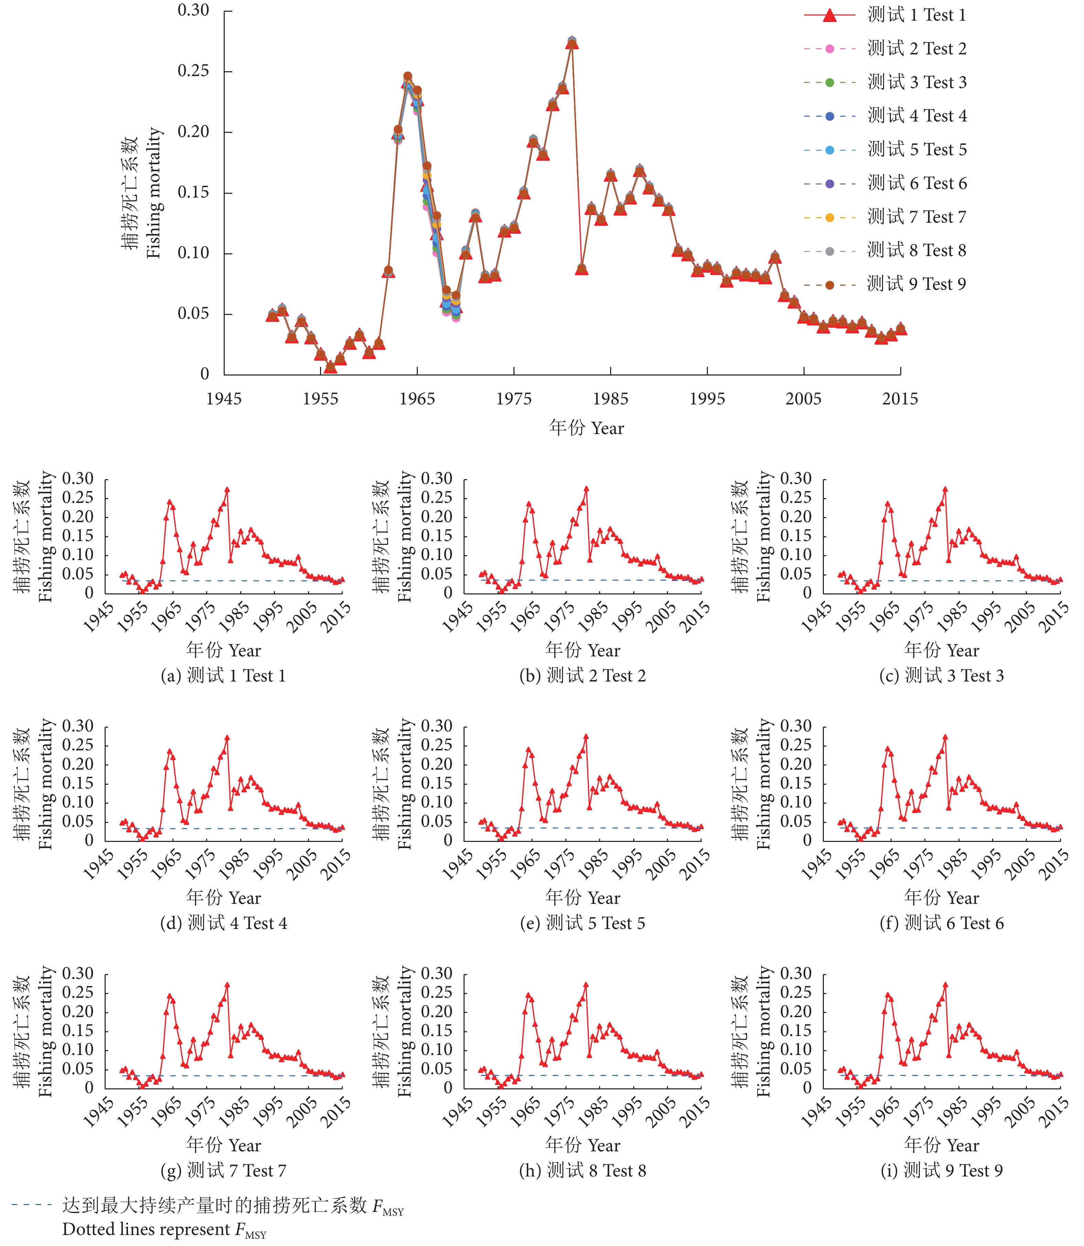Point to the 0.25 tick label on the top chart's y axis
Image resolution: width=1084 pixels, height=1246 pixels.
coord(193,71)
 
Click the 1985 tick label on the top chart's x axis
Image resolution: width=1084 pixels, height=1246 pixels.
coord(610,399)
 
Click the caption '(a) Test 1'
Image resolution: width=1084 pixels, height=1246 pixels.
coord(223,675)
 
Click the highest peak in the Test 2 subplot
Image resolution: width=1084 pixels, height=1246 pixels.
coord(586,488)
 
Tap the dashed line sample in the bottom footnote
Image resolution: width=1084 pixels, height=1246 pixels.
coord(31,1205)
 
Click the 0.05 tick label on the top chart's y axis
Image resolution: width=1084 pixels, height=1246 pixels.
coord(193,314)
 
